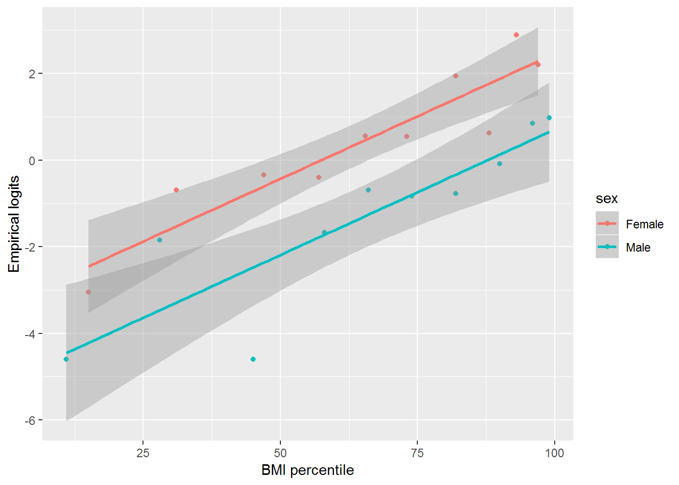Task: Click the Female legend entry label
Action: tap(644, 224)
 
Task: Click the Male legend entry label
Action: tap(638, 248)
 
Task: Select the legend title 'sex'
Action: tap(606, 199)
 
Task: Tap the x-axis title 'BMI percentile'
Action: tap(307, 470)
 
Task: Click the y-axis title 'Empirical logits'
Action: tap(14, 224)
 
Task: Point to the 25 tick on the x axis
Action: tap(143, 453)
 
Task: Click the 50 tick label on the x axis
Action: tap(280, 453)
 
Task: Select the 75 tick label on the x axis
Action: tap(417, 453)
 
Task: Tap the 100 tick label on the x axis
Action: tap(554, 453)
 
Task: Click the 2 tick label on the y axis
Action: tap(32, 74)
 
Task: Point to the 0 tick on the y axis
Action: tap(32, 161)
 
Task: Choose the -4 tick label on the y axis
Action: tap(30, 334)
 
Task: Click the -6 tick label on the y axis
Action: tap(30, 420)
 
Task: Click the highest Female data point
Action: tap(516, 35)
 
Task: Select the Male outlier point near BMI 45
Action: tap(253, 359)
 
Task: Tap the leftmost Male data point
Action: tap(66, 359)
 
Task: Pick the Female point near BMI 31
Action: tap(176, 190)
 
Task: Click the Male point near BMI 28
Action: tap(160, 240)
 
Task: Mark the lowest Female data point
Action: tap(88, 292)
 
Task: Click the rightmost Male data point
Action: tap(549, 118)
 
